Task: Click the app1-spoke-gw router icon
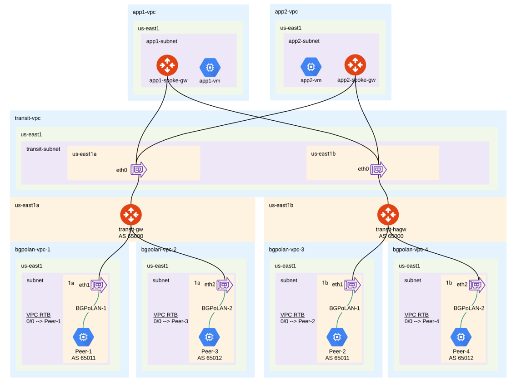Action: pos(167,65)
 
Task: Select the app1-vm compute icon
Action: pos(210,68)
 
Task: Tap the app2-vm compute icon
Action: pos(311,67)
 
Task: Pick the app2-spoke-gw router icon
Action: pos(355,65)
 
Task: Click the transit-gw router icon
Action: pos(131,215)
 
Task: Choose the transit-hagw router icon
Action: pos(388,215)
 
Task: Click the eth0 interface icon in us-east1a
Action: pos(139,170)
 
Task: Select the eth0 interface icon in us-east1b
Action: pos(378,169)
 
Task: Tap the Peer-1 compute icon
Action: pos(83,337)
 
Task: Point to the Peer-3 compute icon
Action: pos(209,337)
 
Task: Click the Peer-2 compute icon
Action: pos(337,337)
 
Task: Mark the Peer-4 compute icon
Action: pos(461,337)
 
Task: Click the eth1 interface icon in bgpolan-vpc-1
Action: pos(99,285)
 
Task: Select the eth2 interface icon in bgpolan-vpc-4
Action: pos(477,285)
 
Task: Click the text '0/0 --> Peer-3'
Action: pos(171,321)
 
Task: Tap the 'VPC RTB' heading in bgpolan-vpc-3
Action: pos(292,315)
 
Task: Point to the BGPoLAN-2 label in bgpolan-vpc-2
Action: pos(217,308)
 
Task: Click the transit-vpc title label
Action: pos(28,118)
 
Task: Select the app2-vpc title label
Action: pos(286,12)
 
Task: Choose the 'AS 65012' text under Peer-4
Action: pos(461,358)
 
